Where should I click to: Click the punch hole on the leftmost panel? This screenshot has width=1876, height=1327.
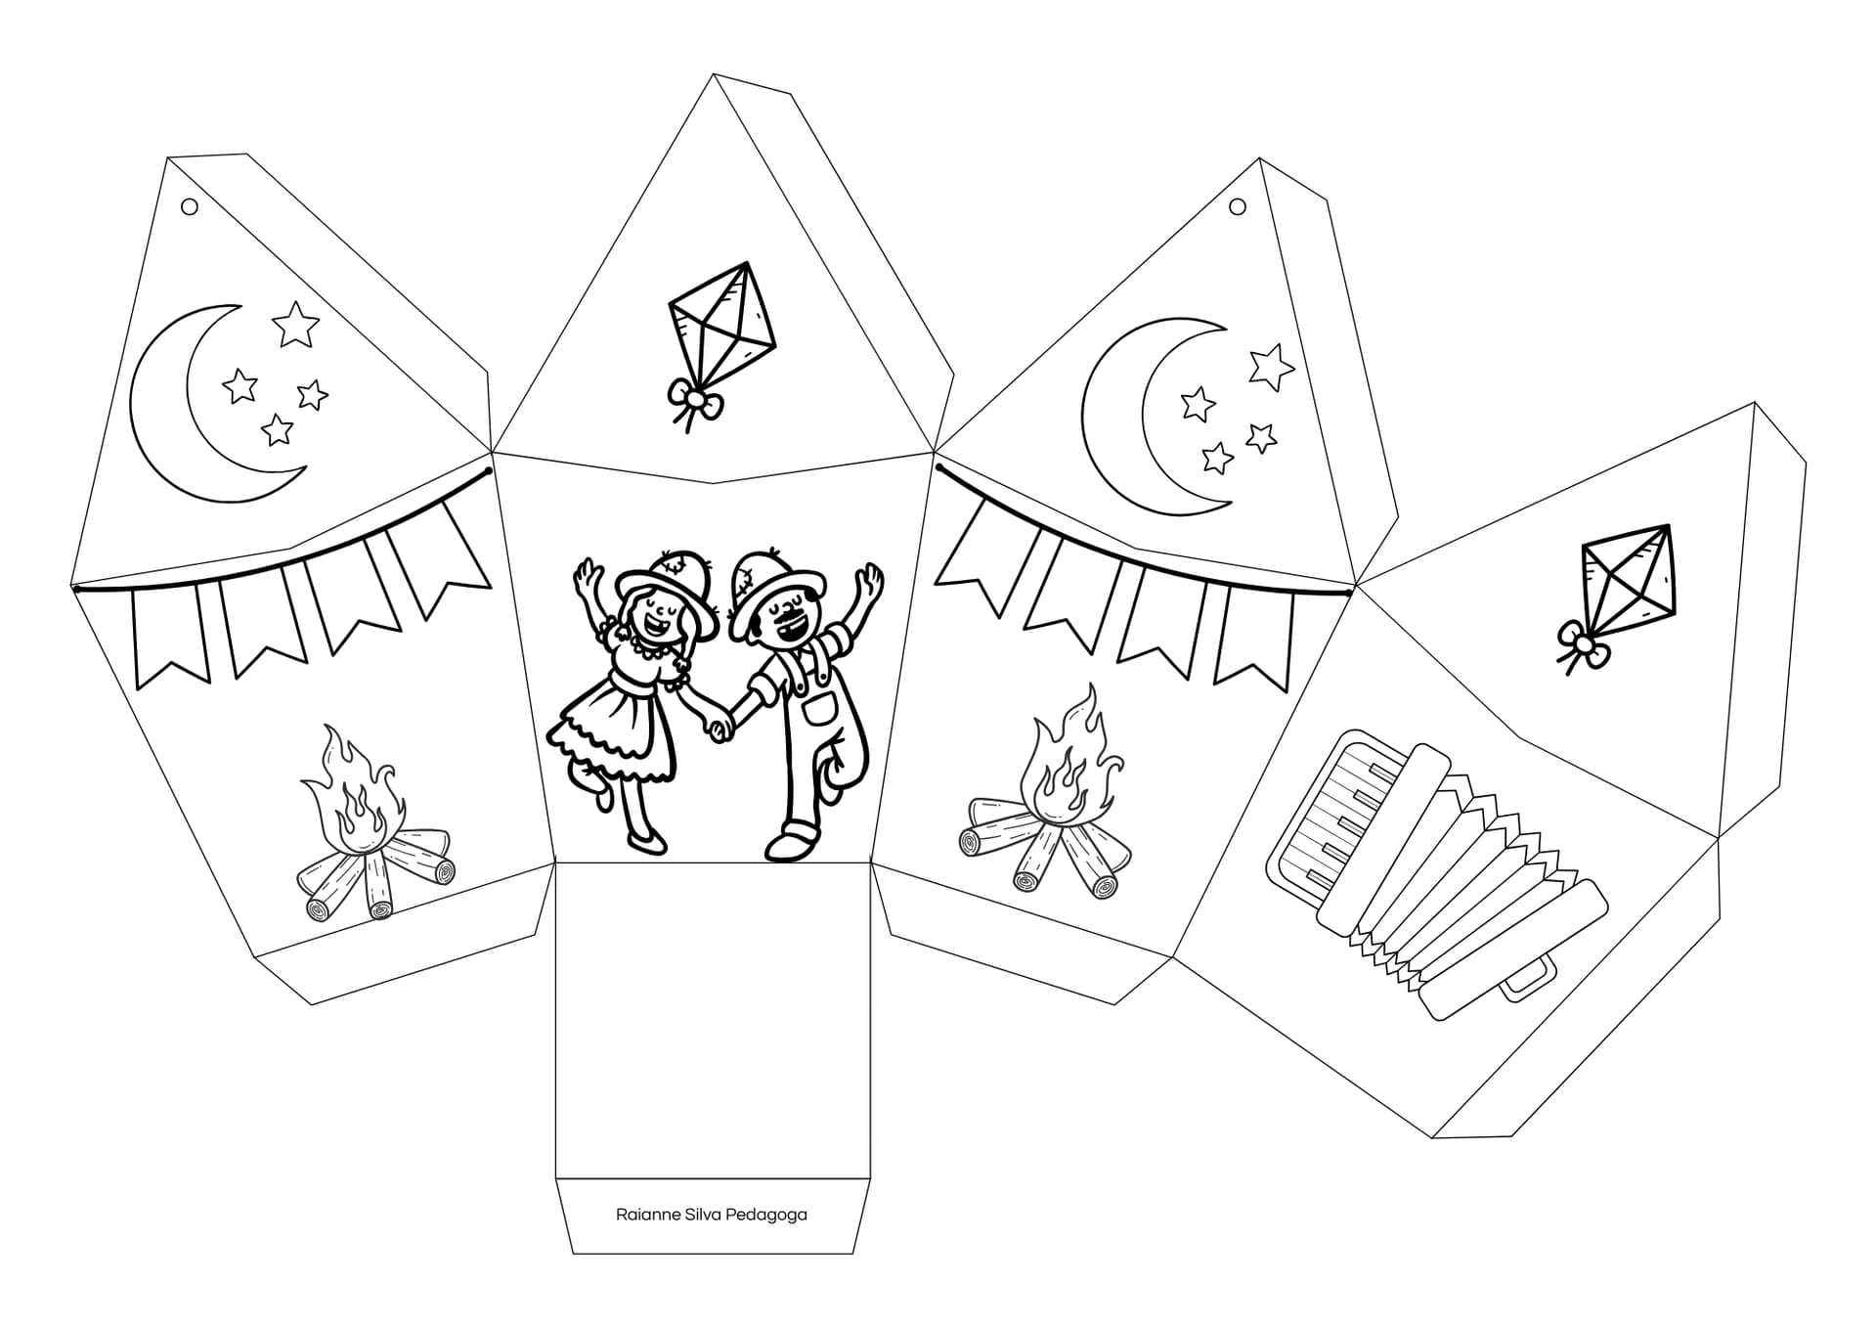(190, 206)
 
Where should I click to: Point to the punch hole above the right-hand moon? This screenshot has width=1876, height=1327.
(1237, 206)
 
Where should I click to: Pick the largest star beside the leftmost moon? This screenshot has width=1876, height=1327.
(295, 324)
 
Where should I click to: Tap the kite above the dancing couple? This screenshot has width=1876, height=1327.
(721, 323)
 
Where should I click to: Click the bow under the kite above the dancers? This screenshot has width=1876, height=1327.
(694, 401)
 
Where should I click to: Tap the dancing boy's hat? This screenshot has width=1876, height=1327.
(767, 587)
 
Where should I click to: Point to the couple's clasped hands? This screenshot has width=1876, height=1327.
(722, 727)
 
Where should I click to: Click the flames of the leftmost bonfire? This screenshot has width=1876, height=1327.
(353, 792)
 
